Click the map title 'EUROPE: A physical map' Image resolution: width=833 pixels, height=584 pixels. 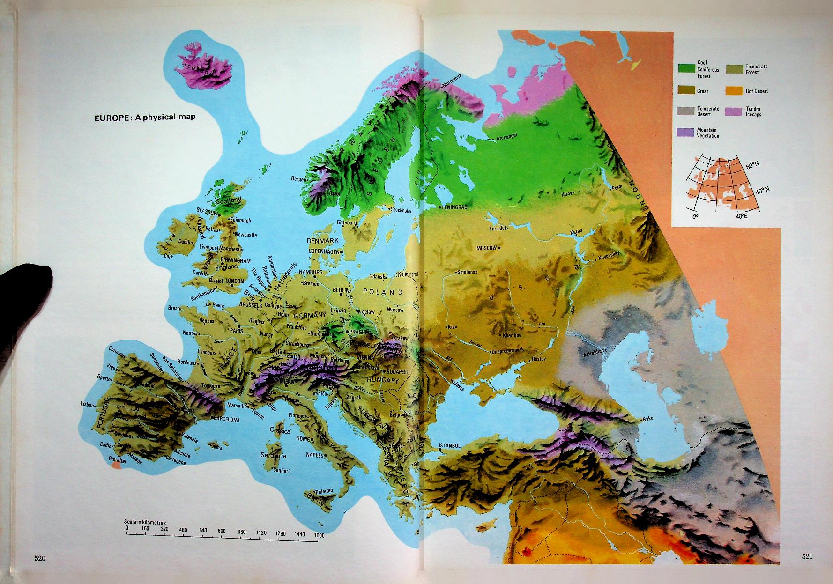[145, 117]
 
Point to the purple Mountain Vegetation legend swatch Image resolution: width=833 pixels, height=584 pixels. [686, 133]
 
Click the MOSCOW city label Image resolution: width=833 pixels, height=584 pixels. [486, 248]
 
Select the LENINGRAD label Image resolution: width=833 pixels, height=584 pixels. [455, 207]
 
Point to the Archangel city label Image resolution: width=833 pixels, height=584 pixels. [506, 136]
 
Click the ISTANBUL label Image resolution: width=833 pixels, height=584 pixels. [450, 445]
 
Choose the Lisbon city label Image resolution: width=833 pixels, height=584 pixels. [87, 404]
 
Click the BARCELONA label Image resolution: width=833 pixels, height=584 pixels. [227, 420]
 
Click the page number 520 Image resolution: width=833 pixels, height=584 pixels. [39, 558]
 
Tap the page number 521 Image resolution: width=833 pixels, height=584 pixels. [807, 557]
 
